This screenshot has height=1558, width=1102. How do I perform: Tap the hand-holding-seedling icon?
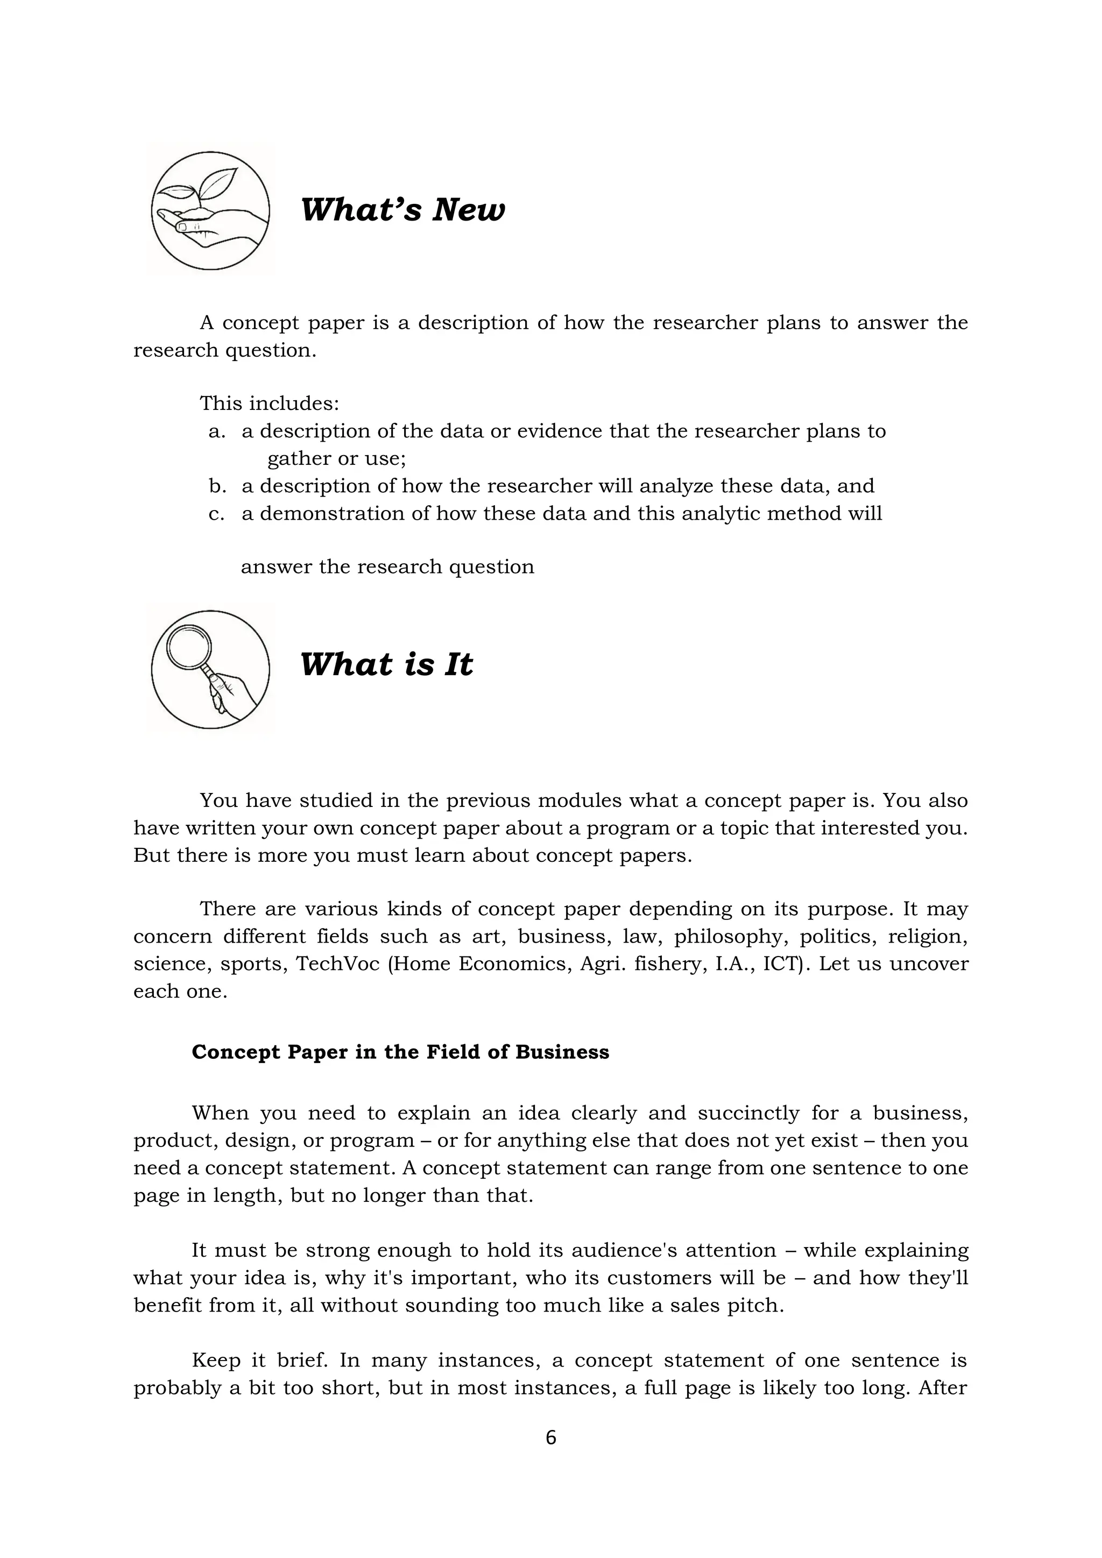pyautogui.click(x=210, y=210)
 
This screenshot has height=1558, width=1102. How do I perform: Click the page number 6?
pyautogui.click(x=550, y=1437)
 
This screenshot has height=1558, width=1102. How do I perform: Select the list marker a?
pyautogui.click(x=216, y=431)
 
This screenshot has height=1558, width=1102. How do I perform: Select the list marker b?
pyautogui.click(x=216, y=486)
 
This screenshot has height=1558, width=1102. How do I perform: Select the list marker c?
pyautogui.click(x=216, y=514)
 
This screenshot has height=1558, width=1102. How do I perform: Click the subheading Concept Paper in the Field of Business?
pyautogui.click(x=400, y=1052)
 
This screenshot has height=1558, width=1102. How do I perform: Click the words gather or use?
pyautogui.click(x=336, y=459)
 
